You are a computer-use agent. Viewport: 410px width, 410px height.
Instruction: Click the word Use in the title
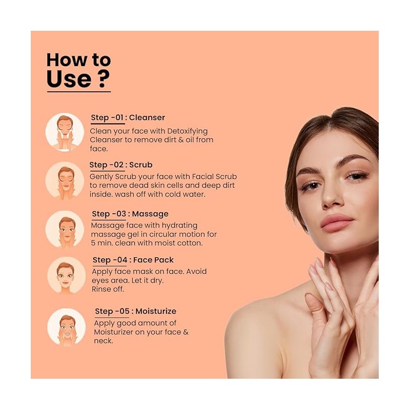pyautogui.click(x=69, y=79)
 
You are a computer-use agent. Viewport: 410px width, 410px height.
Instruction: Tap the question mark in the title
pyautogui.click(x=104, y=78)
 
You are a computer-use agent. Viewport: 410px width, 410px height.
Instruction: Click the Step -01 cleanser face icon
pyautogui.click(x=65, y=132)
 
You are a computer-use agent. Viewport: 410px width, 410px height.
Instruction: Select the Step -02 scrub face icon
pyautogui.click(x=65, y=181)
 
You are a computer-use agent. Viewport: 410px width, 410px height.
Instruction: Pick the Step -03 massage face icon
pyautogui.click(x=65, y=230)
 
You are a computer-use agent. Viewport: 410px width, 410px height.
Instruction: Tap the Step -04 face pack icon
pyautogui.click(x=67, y=276)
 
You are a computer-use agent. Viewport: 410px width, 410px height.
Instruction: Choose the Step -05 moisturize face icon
pyautogui.click(x=67, y=327)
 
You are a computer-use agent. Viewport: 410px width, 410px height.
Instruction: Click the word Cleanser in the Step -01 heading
pyautogui.click(x=147, y=118)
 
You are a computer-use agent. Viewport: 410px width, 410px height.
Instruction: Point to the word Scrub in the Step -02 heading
pyautogui.click(x=140, y=165)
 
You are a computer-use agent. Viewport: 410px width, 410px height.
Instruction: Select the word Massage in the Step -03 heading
pyautogui.click(x=150, y=214)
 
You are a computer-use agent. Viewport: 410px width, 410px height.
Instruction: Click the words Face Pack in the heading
pyautogui.click(x=153, y=260)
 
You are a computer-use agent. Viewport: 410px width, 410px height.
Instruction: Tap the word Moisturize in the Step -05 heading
pyautogui.click(x=156, y=311)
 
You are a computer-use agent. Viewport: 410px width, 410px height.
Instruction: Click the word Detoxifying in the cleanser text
pyautogui.click(x=188, y=131)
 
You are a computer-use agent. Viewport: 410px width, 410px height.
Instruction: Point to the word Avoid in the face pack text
pyautogui.click(x=196, y=272)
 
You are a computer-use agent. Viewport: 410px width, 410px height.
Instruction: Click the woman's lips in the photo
pyautogui.click(x=337, y=222)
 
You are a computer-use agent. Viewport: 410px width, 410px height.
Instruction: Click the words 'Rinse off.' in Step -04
pyautogui.click(x=108, y=289)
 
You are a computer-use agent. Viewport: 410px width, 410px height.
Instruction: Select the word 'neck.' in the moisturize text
pyautogui.click(x=104, y=341)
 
